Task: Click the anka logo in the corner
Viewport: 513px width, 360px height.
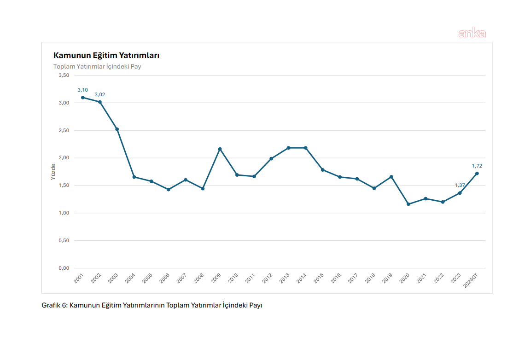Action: [x=472, y=33]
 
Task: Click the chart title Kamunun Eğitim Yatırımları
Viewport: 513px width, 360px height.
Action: [x=106, y=56]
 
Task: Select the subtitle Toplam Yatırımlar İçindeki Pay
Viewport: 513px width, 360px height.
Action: [x=97, y=67]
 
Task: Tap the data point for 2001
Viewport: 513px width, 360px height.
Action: [x=83, y=98]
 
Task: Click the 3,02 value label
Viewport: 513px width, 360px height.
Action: [x=100, y=95]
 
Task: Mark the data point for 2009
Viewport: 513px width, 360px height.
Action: [x=220, y=149]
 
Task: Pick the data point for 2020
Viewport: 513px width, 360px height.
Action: [x=408, y=204]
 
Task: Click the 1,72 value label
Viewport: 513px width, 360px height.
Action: [x=477, y=166]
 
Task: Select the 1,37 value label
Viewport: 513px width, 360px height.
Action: [x=460, y=185]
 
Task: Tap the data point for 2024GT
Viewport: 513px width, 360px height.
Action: [x=477, y=174]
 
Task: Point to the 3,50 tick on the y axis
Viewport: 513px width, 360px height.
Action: [x=64, y=75]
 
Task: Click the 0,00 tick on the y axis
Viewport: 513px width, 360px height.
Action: [x=64, y=268]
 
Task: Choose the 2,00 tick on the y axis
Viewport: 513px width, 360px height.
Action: [x=64, y=158]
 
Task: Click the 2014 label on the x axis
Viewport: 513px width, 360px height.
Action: [x=302, y=279]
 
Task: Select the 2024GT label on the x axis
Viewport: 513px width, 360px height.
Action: [x=471, y=280]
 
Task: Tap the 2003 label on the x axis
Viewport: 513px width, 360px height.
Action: [x=113, y=279]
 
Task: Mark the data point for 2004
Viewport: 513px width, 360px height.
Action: [x=134, y=177]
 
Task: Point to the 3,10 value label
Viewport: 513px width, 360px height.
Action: [x=82, y=90]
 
